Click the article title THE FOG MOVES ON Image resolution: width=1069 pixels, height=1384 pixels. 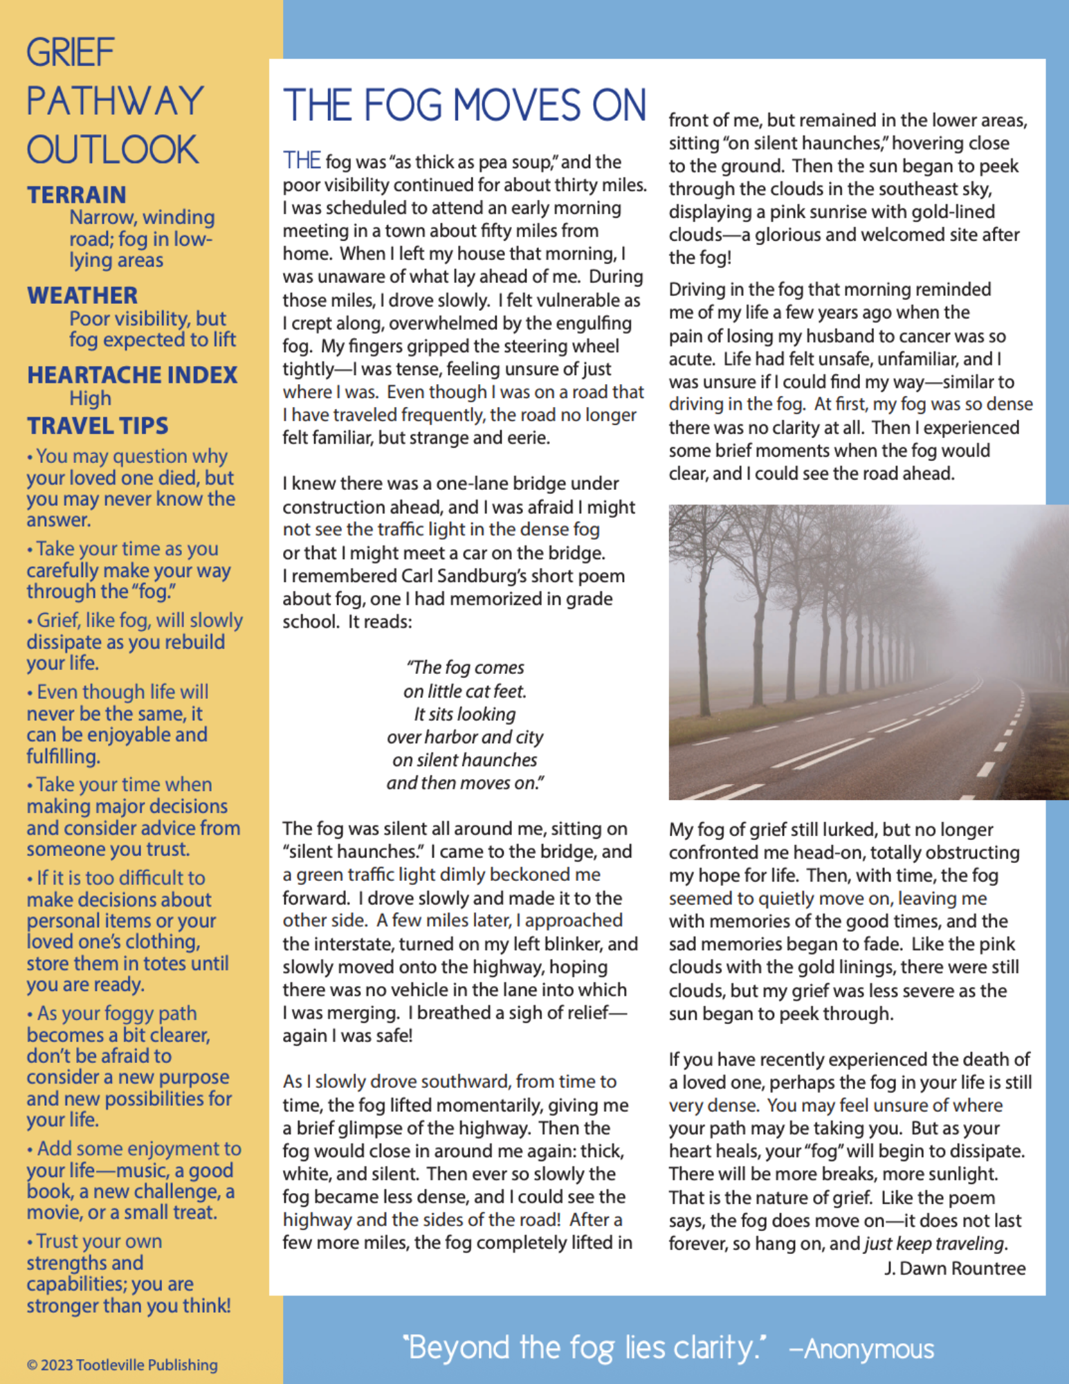[464, 105]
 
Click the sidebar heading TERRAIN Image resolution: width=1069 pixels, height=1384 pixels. [77, 195]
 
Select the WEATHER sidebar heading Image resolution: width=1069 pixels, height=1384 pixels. [82, 295]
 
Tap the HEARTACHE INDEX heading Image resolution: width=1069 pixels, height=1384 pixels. [132, 375]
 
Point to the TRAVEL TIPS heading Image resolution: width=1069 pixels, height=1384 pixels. [98, 426]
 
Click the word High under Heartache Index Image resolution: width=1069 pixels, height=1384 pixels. [90, 399]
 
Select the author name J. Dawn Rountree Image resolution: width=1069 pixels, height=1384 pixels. [954, 1268]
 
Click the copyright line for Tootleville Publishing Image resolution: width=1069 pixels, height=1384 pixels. [122, 1365]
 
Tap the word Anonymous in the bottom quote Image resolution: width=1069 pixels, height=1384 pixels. [868, 1349]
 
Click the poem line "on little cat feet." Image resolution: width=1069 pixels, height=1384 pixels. [465, 691]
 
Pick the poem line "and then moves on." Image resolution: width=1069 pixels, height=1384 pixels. [465, 783]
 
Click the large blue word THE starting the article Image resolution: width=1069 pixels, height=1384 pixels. [302, 161]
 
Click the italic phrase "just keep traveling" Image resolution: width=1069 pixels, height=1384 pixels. [934, 1244]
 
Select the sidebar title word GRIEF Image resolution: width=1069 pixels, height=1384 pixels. [71, 53]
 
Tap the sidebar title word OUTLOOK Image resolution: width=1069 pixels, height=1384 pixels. [113, 149]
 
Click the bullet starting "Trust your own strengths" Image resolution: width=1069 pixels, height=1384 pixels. [129, 1273]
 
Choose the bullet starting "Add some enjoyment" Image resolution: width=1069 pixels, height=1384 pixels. [134, 1180]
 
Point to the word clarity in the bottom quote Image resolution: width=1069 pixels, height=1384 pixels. [716, 1347]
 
